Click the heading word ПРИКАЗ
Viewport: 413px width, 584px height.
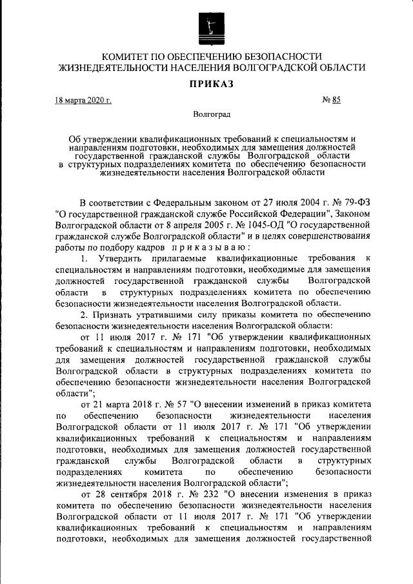coord(206,83)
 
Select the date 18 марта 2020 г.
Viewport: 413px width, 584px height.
coord(83,101)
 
